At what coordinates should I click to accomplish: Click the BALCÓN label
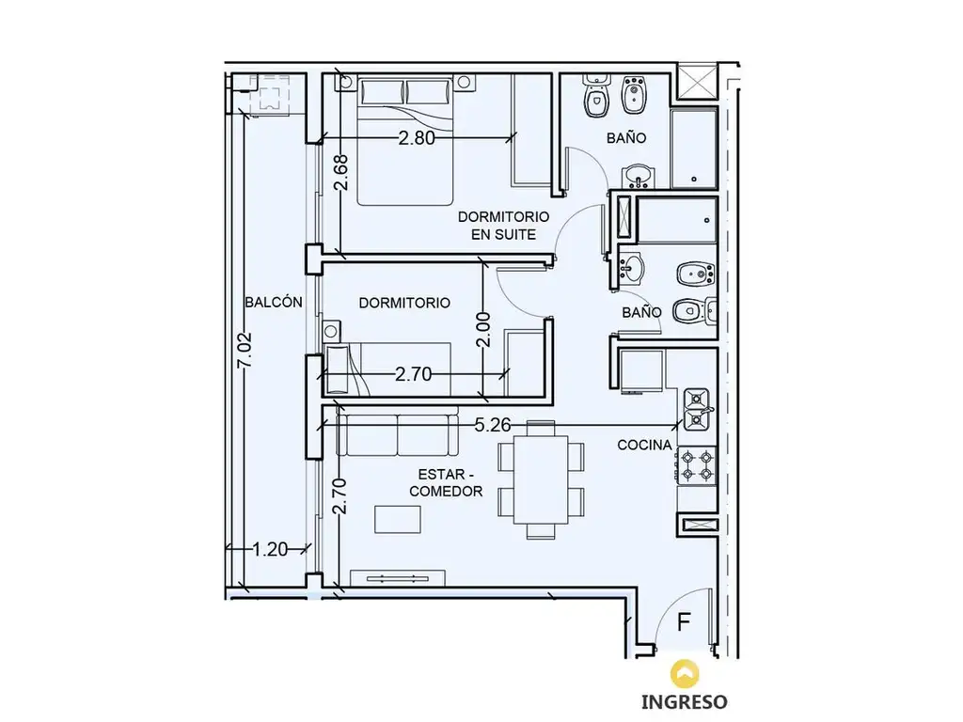[274, 302]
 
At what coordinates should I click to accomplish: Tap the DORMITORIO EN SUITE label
[504, 226]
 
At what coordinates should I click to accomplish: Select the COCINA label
[644, 445]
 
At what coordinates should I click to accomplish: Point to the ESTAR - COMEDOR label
[446, 482]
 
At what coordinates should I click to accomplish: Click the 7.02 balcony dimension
[245, 350]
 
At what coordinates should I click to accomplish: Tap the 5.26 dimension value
[493, 425]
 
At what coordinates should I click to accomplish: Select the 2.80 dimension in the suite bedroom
[417, 137]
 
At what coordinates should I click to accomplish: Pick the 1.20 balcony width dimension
[270, 549]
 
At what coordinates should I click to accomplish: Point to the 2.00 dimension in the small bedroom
[484, 330]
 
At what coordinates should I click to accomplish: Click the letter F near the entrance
[684, 622]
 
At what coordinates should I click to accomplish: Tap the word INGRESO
[685, 701]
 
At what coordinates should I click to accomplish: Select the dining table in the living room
[541, 479]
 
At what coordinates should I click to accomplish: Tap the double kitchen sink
[697, 410]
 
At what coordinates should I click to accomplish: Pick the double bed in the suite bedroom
[405, 141]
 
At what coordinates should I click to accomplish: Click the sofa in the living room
[398, 434]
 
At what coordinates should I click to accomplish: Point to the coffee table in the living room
[398, 519]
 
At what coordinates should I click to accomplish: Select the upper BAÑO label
[626, 138]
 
